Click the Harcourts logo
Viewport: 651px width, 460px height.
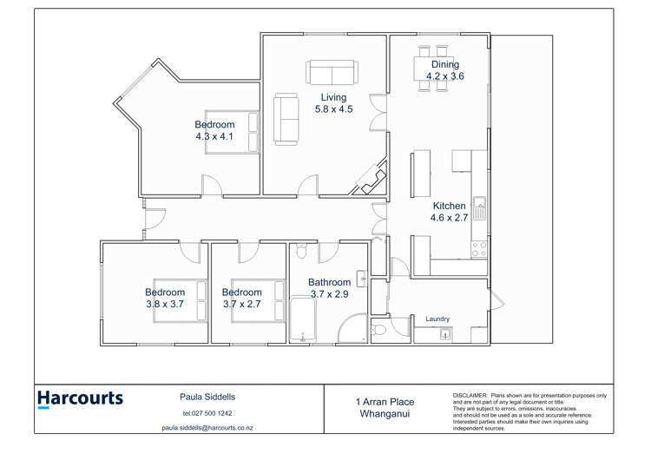(80, 399)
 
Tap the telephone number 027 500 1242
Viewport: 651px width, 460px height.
(207, 413)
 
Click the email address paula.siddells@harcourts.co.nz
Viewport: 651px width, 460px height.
(207, 428)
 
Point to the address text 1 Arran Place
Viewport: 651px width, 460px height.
(385, 402)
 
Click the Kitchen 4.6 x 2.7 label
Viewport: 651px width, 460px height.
(450, 212)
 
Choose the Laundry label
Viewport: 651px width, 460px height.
(437, 319)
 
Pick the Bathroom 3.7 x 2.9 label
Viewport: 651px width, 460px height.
(329, 287)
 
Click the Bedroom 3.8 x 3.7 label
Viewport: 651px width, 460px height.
(165, 298)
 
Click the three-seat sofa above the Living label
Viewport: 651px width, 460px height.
(331, 72)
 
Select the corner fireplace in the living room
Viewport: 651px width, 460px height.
(372, 179)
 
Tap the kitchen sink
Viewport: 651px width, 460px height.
(478, 208)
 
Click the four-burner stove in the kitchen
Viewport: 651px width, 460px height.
(478, 249)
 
